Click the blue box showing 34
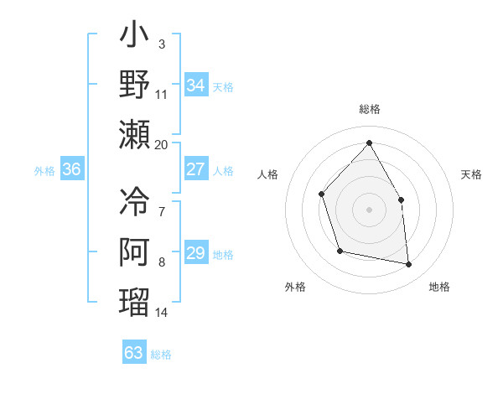pos(195,86)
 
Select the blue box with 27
pos(195,169)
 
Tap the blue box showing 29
pos(195,253)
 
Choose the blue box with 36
pos(72,169)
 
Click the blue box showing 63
pos(133,352)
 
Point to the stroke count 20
pos(162,144)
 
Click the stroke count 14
pos(162,313)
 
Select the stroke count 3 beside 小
pos(161,43)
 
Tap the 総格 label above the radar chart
pos(369,109)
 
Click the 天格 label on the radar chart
pos(471,174)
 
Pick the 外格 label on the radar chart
pos(294,287)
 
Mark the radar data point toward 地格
pos(409,265)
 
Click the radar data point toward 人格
pos(322,194)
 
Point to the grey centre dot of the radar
pos(369,209)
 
